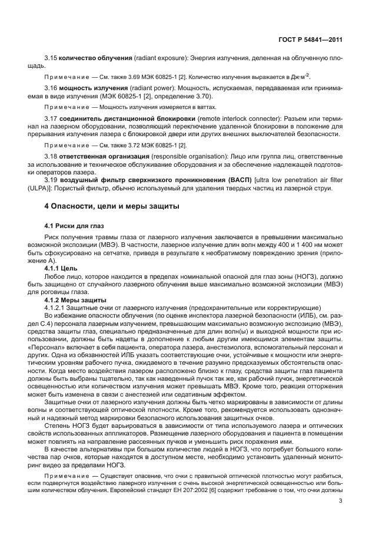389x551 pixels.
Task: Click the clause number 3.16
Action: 51,88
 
